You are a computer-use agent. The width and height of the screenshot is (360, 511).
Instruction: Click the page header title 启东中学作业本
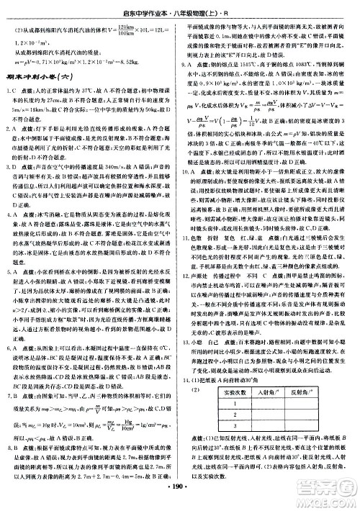pyautogui.click(x=148, y=9)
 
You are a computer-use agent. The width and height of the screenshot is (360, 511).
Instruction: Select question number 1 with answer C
pyautogui.click(x=14, y=89)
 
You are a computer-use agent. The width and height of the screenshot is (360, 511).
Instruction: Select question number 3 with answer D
pyautogui.click(x=14, y=163)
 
